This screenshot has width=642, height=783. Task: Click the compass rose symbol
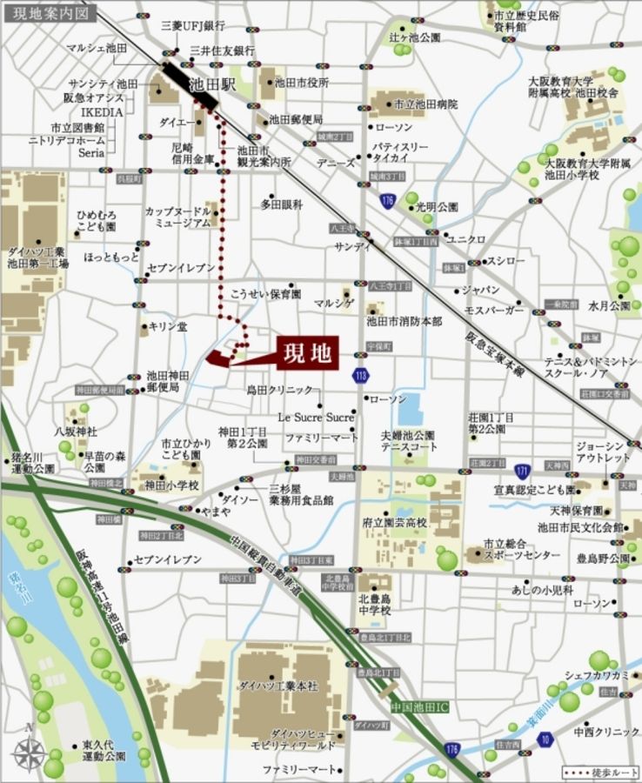coord(29,751)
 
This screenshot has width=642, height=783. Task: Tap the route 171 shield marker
coord(522,472)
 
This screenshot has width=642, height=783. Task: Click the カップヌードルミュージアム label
coord(177,217)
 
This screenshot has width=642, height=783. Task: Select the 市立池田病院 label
coord(426,104)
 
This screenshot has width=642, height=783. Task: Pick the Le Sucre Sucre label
coord(316,418)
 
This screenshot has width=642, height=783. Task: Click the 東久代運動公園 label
coord(104,750)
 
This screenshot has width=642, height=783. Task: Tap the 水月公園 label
coord(609,306)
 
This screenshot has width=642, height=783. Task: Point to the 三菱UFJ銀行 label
coord(193,26)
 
